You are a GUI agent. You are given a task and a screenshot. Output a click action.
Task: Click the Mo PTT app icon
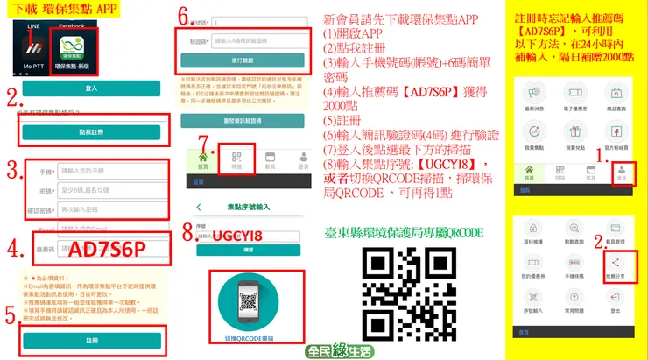coord(36,52)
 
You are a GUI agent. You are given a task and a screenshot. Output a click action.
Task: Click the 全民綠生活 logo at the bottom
coord(339,349)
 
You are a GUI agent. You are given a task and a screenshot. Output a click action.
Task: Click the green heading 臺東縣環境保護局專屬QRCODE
coord(403,233)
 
